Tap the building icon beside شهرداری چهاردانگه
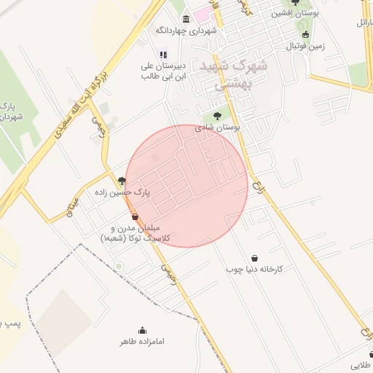click(186, 19)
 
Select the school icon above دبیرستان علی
click(163, 54)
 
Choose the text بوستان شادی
click(219, 127)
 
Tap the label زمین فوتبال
click(304, 46)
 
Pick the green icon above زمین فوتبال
click(304, 34)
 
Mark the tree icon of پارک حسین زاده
click(122, 181)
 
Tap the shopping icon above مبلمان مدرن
click(135, 216)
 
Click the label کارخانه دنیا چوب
click(254, 270)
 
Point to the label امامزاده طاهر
click(142, 340)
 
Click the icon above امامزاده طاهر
click(142, 329)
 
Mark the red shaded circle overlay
click(186, 186)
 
